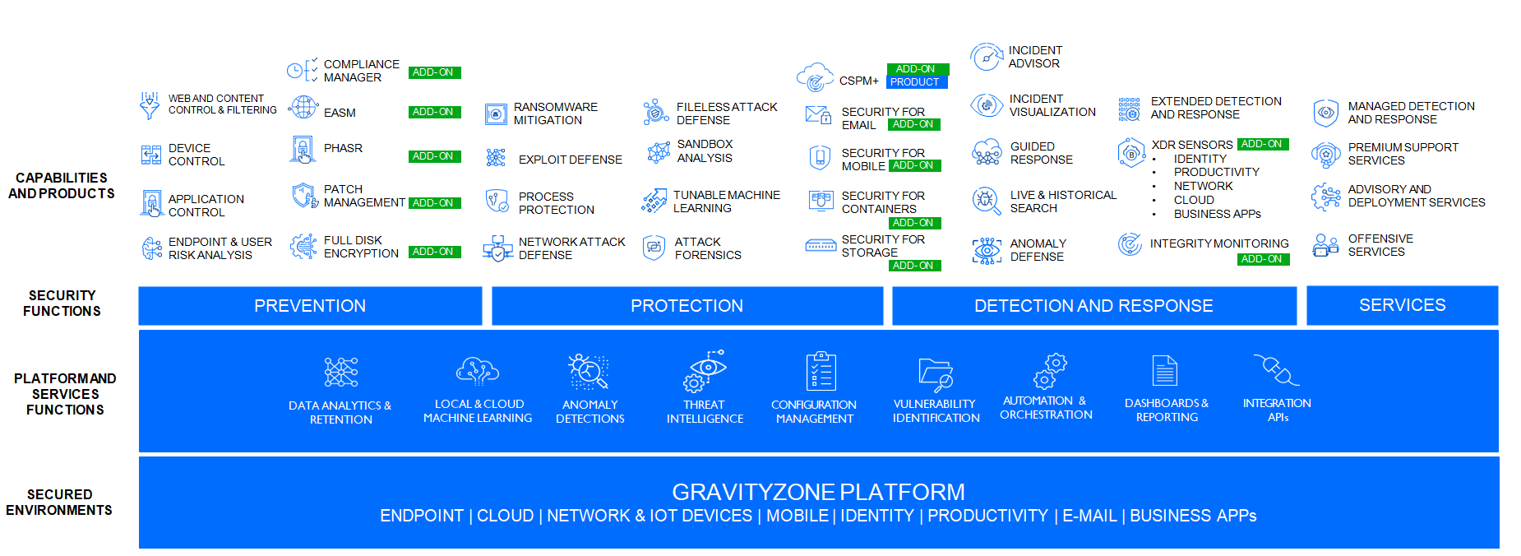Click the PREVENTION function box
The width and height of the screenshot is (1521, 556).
[x=310, y=306]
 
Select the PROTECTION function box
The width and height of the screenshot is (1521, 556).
[x=687, y=306]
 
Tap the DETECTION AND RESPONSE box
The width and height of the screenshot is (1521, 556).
[x=1093, y=306]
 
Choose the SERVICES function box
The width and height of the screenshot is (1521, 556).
[x=1402, y=305]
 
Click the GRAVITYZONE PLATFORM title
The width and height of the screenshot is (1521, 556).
[x=818, y=492]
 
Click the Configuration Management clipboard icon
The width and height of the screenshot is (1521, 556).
[x=821, y=371]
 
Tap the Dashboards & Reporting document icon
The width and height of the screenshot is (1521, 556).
[x=1165, y=371]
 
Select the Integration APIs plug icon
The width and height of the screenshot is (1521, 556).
[x=1276, y=370]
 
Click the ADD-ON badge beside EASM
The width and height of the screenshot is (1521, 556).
[x=433, y=112]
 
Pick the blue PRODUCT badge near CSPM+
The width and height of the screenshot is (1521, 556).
[x=915, y=82]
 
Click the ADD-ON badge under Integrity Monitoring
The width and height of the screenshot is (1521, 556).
[x=1262, y=259]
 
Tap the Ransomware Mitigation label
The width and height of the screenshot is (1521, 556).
[x=555, y=114]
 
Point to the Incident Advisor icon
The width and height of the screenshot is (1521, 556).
[x=986, y=57]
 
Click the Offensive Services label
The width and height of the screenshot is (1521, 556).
[x=1380, y=245]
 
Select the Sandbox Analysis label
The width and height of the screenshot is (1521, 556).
[x=705, y=151]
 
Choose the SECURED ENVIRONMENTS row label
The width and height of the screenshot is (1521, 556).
[x=59, y=503]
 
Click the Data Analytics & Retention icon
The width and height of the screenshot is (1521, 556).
[x=341, y=372]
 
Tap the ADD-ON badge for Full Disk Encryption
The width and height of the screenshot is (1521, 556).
[x=433, y=252]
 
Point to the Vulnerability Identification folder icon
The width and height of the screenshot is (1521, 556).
[x=936, y=373]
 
